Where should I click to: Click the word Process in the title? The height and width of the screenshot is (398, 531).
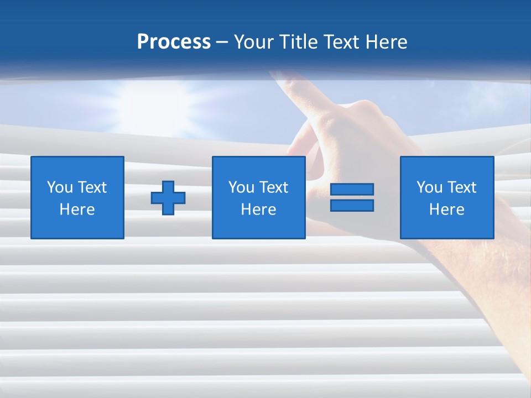174,42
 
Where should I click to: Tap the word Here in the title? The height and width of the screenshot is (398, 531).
386,42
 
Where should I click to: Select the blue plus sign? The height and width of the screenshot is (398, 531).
168,198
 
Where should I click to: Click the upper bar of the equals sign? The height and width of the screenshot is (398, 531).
352,190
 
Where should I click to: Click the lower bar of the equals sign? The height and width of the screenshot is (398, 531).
352,206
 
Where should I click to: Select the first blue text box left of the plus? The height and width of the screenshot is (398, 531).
77,197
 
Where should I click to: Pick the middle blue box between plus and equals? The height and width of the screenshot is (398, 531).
258,197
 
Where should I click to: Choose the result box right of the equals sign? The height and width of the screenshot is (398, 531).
447,197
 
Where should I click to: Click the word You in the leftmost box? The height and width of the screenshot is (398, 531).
60,187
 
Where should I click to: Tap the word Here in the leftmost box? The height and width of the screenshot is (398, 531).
77,210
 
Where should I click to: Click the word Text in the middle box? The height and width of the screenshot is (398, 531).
273,187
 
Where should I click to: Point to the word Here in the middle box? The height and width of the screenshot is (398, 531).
258,210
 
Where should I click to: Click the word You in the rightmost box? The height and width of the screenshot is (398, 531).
429,187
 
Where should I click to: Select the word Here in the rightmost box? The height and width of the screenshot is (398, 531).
447,210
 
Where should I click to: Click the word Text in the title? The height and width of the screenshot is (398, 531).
341,42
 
